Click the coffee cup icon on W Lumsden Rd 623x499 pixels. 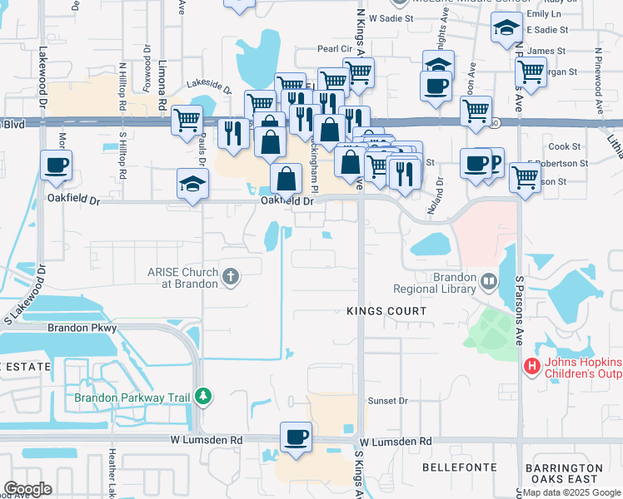(296, 437)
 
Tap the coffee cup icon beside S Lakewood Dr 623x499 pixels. (56, 166)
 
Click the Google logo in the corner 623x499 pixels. (27, 488)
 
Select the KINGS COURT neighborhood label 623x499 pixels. (386, 310)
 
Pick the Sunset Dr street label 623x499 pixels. (387, 401)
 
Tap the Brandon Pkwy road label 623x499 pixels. (82, 329)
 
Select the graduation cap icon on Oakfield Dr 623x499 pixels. (191, 184)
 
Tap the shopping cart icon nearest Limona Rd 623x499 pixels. (187, 119)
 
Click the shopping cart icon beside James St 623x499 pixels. (531, 72)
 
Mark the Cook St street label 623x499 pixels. (558, 146)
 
